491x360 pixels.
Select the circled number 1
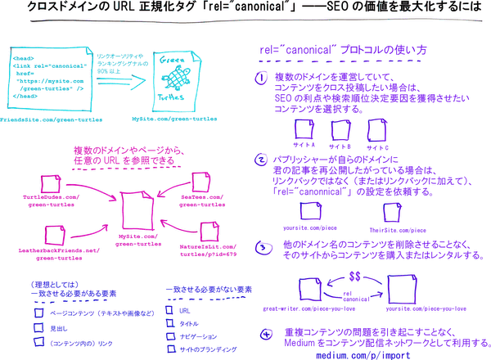coord(261,79)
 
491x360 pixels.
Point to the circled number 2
coord(261,160)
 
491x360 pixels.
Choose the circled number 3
coord(261,246)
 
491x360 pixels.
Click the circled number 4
coord(267,335)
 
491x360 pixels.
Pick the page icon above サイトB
coord(341,129)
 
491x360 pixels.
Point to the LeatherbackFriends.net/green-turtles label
coord(49,254)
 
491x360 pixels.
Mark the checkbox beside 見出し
coord(38,327)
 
